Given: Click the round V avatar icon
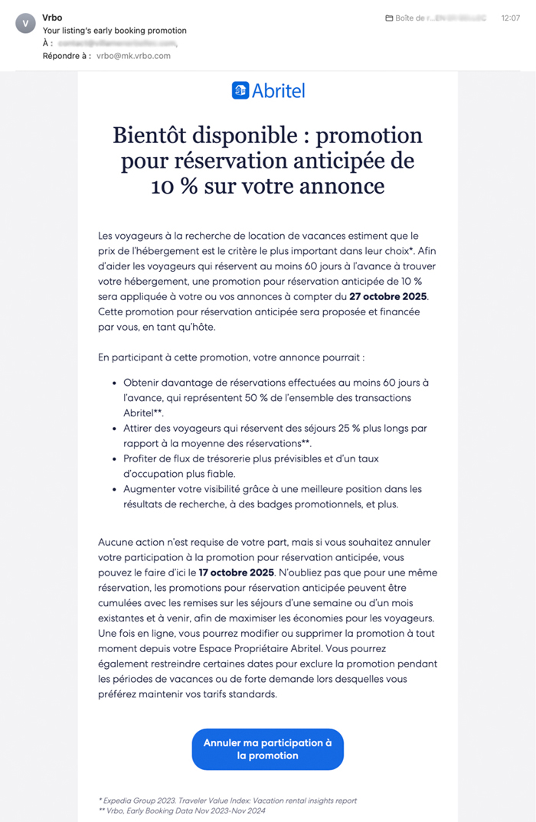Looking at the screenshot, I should click(25, 23).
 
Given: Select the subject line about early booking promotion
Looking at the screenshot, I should click(114, 31).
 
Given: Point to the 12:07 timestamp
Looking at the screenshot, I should click(510, 17).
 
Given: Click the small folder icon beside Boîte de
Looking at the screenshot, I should click(389, 18).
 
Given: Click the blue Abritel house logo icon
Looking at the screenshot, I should click(240, 90).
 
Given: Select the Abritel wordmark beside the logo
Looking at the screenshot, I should click(279, 90).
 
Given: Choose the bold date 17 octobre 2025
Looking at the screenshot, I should click(237, 572).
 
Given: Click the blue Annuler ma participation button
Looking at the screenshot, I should click(267, 749).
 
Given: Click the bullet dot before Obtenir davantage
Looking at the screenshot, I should click(115, 383).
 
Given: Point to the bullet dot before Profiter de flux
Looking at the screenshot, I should click(115, 458).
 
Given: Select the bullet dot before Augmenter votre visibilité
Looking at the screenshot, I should click(115, 489).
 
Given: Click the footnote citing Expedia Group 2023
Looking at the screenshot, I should click(227, 801).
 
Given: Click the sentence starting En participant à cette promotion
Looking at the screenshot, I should click(230, 357).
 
